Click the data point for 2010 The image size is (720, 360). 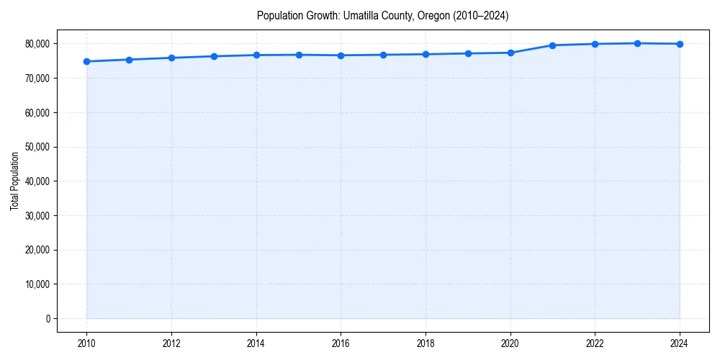(86, 61)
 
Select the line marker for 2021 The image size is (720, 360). (552, 45)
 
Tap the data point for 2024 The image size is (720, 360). (680, 44)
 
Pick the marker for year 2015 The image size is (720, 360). (299, 55)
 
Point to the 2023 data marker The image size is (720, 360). (637, 43)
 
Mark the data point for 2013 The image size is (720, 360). (214, 56)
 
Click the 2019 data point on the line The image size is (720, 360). (468, 53)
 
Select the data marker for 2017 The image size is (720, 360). (383, 55)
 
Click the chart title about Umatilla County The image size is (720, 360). (382, 16)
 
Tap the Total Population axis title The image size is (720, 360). (14, 181)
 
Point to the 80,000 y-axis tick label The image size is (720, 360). (36, 44)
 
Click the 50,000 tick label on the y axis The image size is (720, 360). (36, 147)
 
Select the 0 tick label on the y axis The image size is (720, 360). (48, 319)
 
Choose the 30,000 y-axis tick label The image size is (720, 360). (36, 216)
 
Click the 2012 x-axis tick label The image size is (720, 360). (171, 344)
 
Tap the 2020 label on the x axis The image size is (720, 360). (510, 344)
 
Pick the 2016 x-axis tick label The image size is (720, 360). (341, 344)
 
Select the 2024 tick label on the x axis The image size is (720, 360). (680, 344)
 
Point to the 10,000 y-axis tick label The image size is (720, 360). (36, 284)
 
